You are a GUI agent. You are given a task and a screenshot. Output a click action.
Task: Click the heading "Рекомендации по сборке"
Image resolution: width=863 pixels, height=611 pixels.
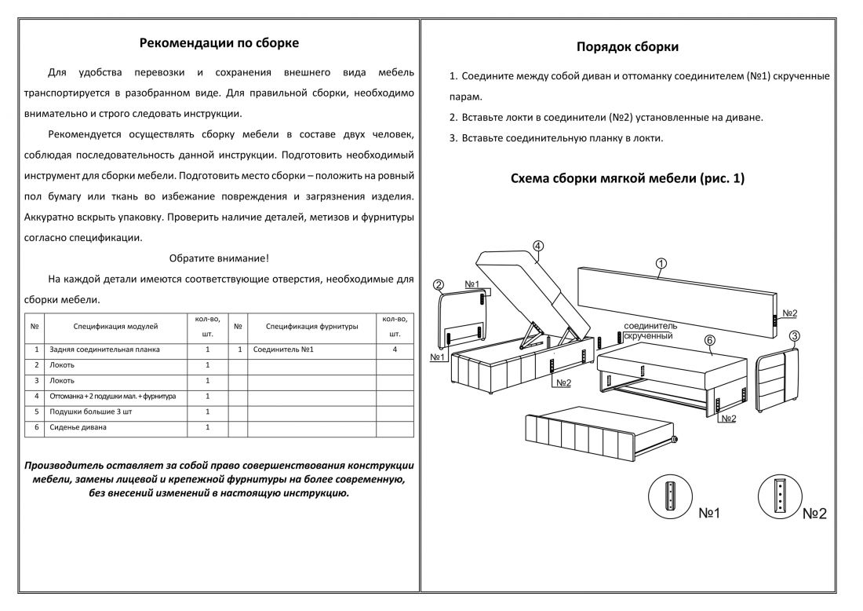(x=219, y=42)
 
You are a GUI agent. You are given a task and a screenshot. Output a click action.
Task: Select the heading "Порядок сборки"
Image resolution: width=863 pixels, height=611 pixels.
(x=628, y=46)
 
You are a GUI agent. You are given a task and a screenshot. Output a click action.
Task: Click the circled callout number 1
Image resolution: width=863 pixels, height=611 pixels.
(x=661, y=264)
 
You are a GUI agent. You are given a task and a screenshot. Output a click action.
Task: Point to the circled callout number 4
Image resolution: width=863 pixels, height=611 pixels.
(x=538, y=245)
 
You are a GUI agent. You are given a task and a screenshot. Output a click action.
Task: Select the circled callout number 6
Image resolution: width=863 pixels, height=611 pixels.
(x=709, y=341)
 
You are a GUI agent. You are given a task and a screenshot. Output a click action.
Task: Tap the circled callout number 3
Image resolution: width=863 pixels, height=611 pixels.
(x=794, y=337)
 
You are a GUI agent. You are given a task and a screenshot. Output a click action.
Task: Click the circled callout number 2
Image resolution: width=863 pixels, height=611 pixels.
(x=439, y=285)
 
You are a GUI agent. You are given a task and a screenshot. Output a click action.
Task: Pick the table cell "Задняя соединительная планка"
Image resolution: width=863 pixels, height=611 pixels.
(x=105, y=349)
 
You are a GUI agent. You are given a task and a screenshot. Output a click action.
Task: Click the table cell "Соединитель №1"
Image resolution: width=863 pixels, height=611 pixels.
(x=285, y=349)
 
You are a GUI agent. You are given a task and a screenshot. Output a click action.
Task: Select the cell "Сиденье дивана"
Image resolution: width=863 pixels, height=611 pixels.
(x=78, y=427)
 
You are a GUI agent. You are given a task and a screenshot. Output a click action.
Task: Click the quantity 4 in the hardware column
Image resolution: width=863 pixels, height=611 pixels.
(x=395, y=349)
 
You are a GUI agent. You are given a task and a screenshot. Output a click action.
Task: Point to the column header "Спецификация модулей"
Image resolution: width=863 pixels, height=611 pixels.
(x=116, y=325)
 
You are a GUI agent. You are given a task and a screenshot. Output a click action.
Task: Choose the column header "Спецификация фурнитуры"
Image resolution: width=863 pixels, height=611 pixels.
(x=312, y=325)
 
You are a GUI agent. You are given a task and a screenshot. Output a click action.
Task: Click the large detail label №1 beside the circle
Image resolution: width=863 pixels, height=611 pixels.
(x=709, y=513)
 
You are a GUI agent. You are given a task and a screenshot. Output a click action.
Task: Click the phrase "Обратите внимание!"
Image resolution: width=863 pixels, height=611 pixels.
(x=219, y=258)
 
